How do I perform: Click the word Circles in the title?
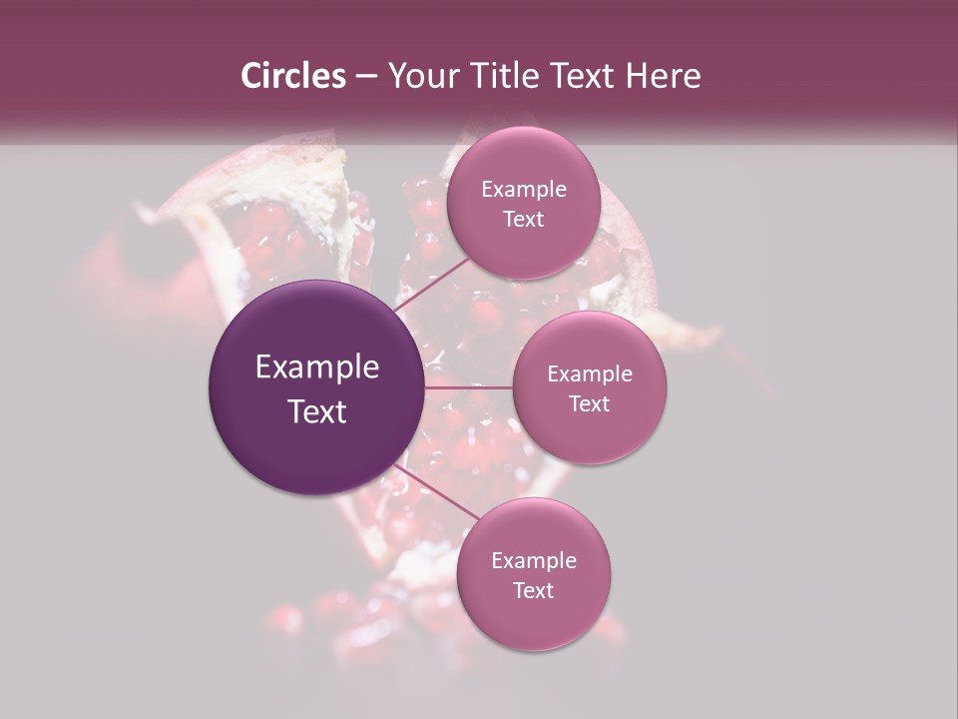pyautogui.click(x=292, y=76)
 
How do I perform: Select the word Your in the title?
pyautogui.click(x=420, y=76)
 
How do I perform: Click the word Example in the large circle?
pyautogui.click(x=316, y=367)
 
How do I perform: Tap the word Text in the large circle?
pyautogui.click(x=316, y=410)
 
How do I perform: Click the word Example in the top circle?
pyautogui.click(x=523, y=189)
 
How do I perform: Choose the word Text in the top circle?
pyautogui.click(x=523, y=219)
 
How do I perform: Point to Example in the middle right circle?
pyautogui.click(x=589, y=373)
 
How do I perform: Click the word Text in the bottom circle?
pyautogui.click(x=533, y=590)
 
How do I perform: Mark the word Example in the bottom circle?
pyautogui.click(x=533, y=560)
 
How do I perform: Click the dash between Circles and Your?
pyautogui.click(x=366, y=76)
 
